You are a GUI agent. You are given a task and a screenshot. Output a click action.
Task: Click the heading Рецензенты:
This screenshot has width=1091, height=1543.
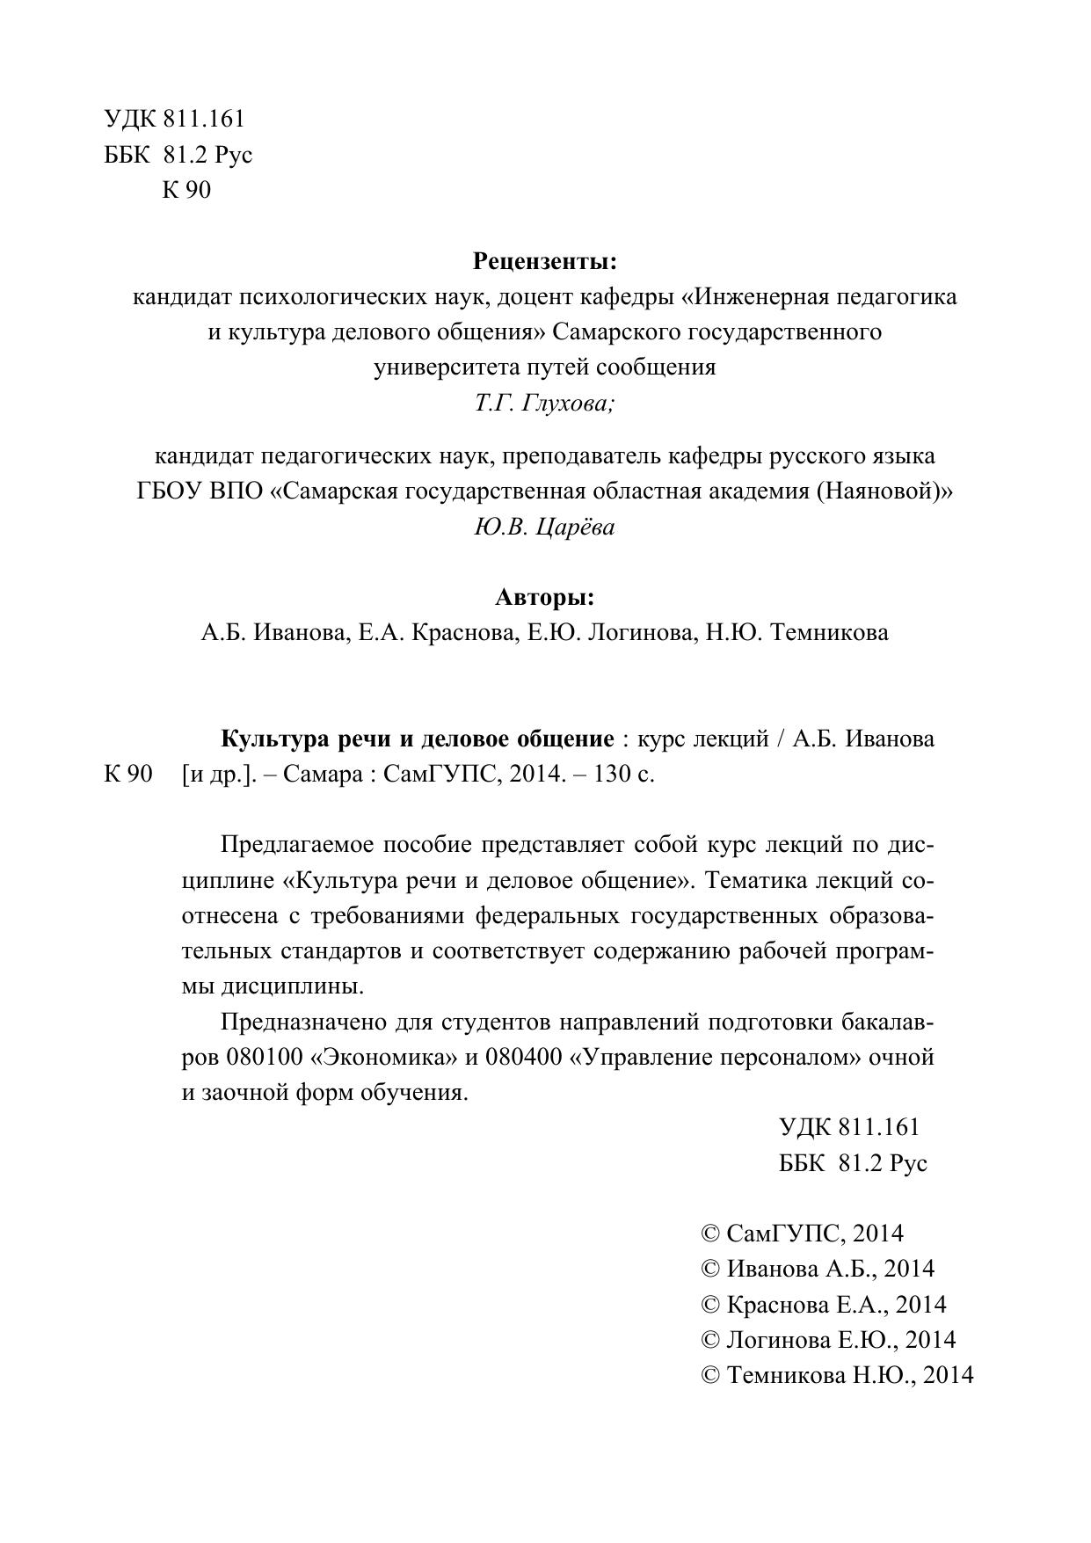(545, 261)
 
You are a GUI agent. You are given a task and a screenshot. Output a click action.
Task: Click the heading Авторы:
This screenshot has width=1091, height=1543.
(545, 598)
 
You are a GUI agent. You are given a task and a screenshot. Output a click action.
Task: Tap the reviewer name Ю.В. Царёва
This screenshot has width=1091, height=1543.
(545, 527)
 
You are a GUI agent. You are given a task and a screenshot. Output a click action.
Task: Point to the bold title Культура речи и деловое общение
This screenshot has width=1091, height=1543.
(417, 739)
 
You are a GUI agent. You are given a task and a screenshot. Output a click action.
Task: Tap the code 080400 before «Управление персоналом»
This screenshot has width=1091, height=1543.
(524, 1057)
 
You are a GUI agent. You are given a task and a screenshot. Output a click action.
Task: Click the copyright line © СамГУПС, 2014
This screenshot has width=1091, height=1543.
(802, 1234)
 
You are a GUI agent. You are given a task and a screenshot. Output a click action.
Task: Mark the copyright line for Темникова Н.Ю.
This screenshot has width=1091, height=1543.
(837, 1375)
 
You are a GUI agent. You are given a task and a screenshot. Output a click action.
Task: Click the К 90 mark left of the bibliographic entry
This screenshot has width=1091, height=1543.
(128, 775)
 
